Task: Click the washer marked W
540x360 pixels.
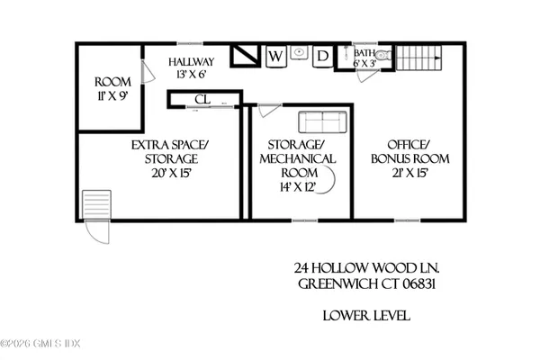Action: tap(276, 58)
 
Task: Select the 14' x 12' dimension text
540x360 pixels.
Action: tap(300, 190)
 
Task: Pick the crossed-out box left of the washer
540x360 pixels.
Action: tap(244, 56)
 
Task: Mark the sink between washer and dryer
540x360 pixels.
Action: tap(300, 51)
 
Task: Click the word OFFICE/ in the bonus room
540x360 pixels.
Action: tap(411, 144)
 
